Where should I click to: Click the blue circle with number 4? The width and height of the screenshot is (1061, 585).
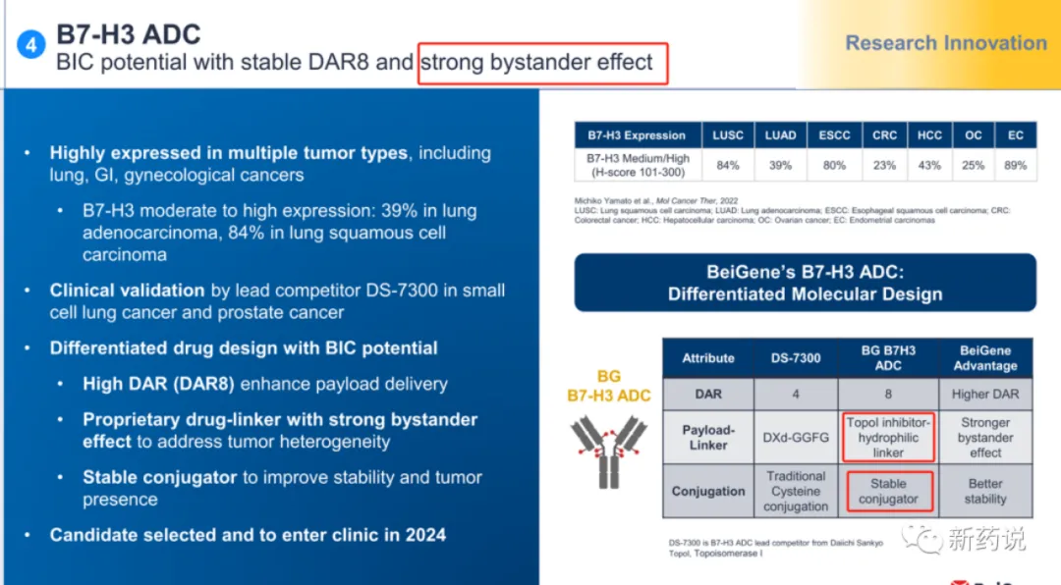click(x=31, y=44)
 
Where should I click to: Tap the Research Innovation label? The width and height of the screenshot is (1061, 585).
click(x=946, y=43)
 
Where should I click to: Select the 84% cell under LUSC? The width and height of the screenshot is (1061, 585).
click(x=728, y=165)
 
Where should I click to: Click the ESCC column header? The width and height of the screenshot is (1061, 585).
click(x=834, y=135)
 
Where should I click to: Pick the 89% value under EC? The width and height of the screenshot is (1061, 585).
click(x=1015, y=165)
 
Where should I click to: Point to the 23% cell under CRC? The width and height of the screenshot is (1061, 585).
click(x=884, y=165)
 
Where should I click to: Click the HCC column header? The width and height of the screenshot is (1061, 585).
click(x=929, y=135)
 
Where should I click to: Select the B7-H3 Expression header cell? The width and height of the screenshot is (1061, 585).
click(x=637, y=135)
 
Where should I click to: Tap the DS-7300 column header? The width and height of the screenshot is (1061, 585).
click(x=796, y=358)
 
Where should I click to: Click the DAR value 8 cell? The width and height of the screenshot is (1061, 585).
click(x=888, y=395)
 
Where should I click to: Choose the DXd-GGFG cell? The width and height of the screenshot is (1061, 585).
click(x=796, y=438)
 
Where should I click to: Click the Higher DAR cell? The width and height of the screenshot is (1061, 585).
click(x=985, y=395)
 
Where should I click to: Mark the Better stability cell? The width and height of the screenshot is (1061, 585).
click(x=985, y=492)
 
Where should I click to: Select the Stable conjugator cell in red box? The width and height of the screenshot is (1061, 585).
click(x=888, y=492)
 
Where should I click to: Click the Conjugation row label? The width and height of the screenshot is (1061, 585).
click(x=707, y=492)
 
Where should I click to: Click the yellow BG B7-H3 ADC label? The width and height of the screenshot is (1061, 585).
click(x=609, y=386)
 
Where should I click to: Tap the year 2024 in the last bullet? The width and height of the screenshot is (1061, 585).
click(x=425, y=535)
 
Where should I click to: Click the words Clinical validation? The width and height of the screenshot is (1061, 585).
click(x=127, y=291)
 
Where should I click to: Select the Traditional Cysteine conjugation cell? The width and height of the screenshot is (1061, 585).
click(x=796, y=492)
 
